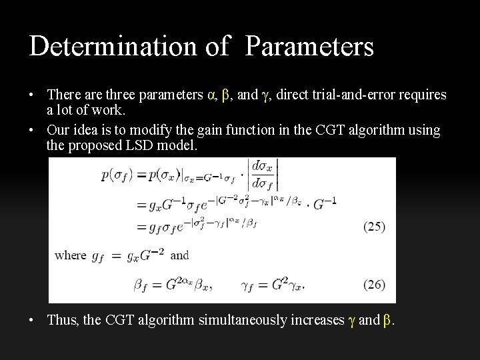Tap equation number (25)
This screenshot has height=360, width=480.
click(373, 227)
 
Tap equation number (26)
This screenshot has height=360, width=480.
click(373, 285)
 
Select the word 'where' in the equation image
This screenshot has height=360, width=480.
click(70, 255)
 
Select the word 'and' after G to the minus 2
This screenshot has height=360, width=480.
click(179, 255)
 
